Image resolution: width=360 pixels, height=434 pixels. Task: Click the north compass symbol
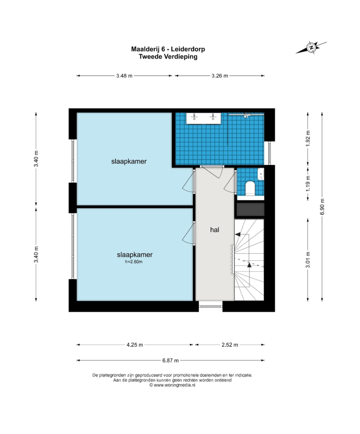[x=311, y=47]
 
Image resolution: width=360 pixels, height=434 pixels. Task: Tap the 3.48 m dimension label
[x=124, y=76]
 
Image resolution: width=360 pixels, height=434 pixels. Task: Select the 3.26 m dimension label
[x=220, y=76]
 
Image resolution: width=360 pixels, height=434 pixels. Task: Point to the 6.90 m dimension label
[x=322, y=206]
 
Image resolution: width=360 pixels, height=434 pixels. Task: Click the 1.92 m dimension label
[x=308, y=138]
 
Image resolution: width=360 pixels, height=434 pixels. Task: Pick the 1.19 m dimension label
[x=308, y=183]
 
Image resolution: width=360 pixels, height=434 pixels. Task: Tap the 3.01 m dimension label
[x=308, y=259]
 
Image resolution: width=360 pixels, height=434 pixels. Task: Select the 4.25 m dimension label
[x=135, y=345]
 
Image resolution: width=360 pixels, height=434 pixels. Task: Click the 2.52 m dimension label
[x=230, y=345]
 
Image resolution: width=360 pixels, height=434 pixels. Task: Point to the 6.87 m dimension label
[x=171, y=360]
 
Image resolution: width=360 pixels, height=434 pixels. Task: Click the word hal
[x=214, y=230]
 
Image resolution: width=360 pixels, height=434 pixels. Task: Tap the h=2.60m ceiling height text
[x=134, y=261]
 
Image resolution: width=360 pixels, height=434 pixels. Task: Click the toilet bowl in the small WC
[x=250, y=188]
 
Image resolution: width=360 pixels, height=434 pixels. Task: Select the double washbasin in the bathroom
[x=204, y=118]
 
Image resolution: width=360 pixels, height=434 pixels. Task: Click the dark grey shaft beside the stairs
[x=250, y=210]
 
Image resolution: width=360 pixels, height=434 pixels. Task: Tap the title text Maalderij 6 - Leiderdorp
[x=168, y=49]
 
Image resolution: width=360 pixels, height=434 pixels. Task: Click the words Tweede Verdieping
[x=168, y=57]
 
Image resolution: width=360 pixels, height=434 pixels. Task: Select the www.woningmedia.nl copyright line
[x=172, y=385]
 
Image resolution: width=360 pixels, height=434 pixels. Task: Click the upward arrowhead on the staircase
[x=249, y=264]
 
